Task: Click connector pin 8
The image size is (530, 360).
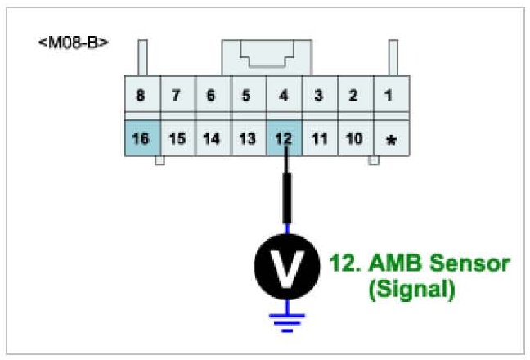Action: (x=141, y=96)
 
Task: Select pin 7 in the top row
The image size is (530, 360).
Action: (x=176, y=96)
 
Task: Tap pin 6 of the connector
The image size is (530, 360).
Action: (x=211, y=96)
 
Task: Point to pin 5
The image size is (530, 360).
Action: (x=246, y=96)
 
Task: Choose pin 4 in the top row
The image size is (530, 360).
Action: (x=283, y=96)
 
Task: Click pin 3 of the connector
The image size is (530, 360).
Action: (x=318, y=96)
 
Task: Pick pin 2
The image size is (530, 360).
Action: (x=353, y=96)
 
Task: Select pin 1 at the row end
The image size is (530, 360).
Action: (x=389, y=96)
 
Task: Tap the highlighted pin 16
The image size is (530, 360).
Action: (x=141, y=137)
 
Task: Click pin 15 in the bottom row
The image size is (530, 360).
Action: (x=176, y=137)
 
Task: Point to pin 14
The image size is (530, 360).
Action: (x=211, y=137)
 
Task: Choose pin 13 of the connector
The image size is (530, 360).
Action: (x=246, y=137)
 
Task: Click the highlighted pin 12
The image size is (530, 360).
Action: (x=283, y=137)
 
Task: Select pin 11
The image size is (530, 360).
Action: (x=319, y=137)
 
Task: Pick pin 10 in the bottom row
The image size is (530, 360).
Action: (x=354, y=137)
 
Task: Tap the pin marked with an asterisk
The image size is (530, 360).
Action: (x=390, y=139)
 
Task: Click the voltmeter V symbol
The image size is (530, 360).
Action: (x=286, y=265)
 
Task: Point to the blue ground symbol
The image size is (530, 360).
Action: (x=286, y=319)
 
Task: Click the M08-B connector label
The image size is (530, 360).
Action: (x=74, y=42)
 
